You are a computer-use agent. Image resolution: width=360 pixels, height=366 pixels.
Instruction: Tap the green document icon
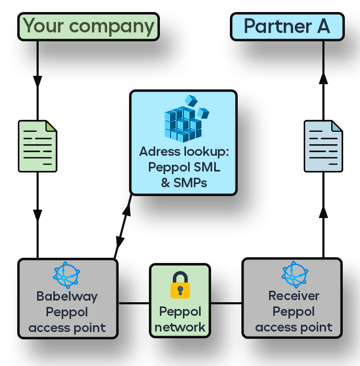[x=38, y=146]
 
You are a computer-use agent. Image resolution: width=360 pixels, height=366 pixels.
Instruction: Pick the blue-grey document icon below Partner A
[x=323, y=146]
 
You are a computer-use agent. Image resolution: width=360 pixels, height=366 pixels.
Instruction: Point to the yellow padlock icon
[x=180, y=285]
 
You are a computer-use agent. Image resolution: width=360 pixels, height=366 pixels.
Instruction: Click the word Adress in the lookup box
[x=159, y=152]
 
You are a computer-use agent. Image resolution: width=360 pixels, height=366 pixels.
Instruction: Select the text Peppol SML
[x=184, y=167]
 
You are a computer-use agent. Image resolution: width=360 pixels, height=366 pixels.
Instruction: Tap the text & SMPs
[x=184, y=183]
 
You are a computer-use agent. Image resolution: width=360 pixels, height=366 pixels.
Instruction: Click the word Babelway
[x=67, y=296]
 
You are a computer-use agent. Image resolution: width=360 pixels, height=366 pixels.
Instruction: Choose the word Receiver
[x=294, y=296]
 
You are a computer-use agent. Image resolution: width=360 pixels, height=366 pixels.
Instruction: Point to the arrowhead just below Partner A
[x=323, y=78]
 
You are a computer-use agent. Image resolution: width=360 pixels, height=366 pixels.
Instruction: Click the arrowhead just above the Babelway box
[x=38, y=215]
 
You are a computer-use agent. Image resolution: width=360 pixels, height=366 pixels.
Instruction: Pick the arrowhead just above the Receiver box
[x=323, y=211]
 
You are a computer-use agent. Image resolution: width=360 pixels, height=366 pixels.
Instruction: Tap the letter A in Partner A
[x=323, y=27]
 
